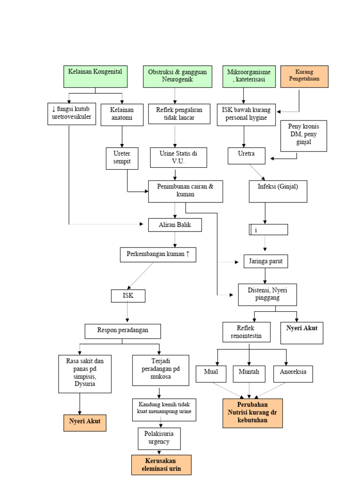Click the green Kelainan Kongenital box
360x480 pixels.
click(95, 76)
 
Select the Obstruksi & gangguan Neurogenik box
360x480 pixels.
click(175, 76)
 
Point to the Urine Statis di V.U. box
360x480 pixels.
click(178, 157)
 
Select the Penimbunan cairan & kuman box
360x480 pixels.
click(185, 191)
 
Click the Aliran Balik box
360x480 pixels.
click(175, 225)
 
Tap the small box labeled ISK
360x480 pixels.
click(128, 296)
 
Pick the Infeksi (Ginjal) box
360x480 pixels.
click(278, 191)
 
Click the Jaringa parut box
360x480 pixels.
click(266, 261)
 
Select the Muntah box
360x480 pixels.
click(249, 373)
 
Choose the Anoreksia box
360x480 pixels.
click(293, 373)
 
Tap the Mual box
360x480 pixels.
click(211, 373)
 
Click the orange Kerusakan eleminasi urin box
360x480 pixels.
click(161, 465)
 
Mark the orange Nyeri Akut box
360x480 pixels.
click(85, 423)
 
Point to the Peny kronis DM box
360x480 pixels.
click(303, 135)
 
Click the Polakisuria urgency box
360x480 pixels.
click(159, 438)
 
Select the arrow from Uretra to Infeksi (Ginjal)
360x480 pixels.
click(257, 172)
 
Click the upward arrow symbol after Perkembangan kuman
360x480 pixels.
click(187, 255)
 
